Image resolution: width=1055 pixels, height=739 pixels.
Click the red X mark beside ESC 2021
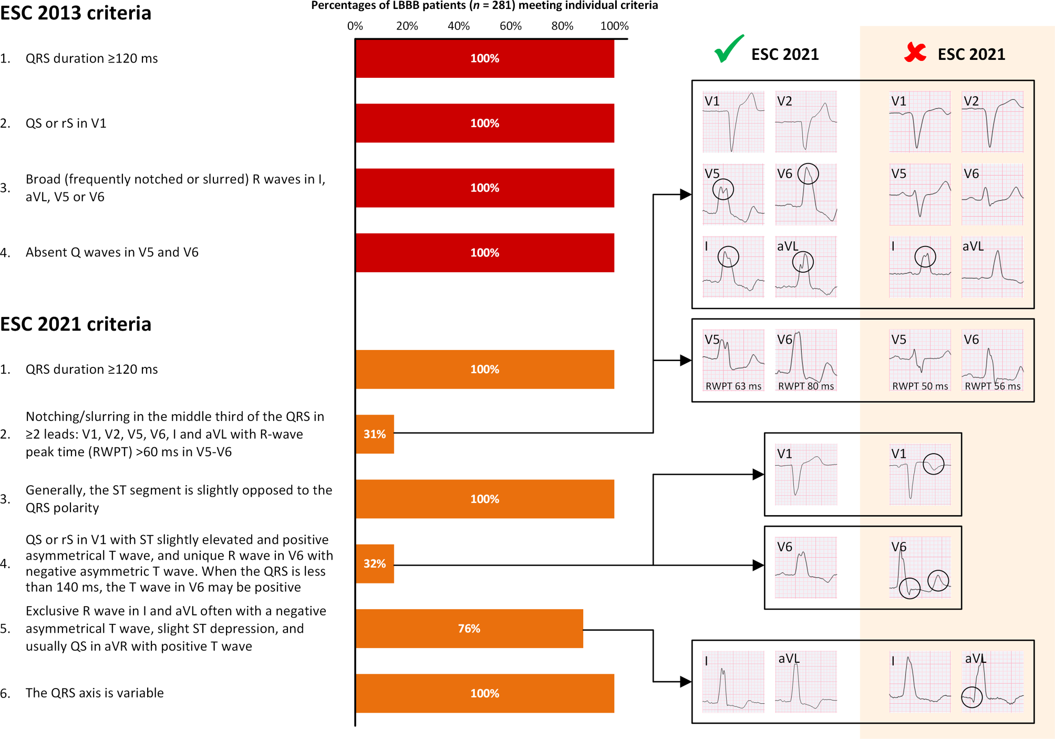coord(915,53)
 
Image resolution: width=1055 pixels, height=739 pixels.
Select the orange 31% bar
coord(375,434)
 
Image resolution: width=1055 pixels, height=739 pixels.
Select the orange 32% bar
coord(375,563)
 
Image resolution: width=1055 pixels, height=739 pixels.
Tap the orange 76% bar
coord(469,629)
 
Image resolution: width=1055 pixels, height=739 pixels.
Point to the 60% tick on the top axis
coord(511,26)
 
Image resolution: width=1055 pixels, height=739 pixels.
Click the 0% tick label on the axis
coord(355,26)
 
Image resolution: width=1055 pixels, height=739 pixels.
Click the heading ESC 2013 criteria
coord(76,13)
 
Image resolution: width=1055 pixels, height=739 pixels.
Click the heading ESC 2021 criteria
coord(76,324)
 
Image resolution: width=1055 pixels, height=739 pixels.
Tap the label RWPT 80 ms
coord(806,386)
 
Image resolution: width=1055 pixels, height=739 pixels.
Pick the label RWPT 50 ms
coord(920,386)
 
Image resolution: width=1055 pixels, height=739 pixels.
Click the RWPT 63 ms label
coord(733,386)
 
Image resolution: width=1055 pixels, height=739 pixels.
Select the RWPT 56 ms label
coord(992,386)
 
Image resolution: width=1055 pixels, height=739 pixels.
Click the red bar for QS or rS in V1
coord(484,123)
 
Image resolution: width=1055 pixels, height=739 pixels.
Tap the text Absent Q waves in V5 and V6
coord(112,252)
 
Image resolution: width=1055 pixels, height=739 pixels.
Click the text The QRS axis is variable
coord(95,693)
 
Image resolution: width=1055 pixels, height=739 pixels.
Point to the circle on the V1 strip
coord(934,464)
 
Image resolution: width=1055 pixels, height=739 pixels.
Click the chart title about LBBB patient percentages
coord(484,6)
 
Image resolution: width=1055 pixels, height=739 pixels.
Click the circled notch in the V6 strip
coord(808,173)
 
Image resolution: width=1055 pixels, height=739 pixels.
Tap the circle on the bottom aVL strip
coord(972,697)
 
